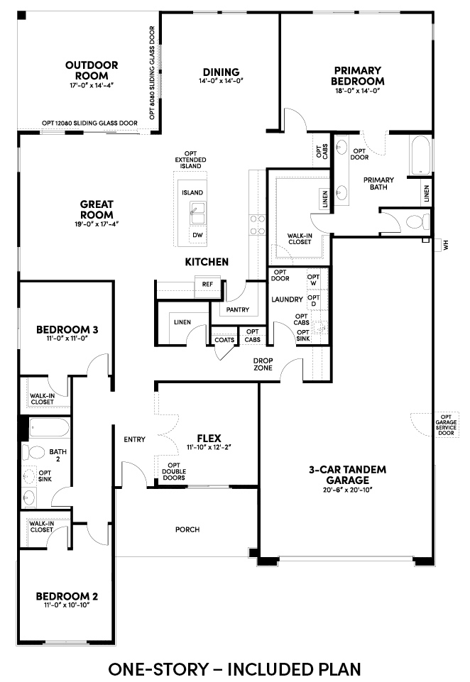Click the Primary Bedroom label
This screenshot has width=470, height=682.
point(357,76)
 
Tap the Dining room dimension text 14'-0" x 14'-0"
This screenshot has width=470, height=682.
point(221,81)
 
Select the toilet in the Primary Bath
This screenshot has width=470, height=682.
point(417,222)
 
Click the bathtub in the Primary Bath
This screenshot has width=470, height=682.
point(420,155)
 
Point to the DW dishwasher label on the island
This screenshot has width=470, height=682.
point(197,236)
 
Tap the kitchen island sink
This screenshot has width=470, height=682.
point(197,215)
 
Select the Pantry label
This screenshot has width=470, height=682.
point(238,309)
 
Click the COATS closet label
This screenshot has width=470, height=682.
point(224,340)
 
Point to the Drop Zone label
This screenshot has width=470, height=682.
point(263,364)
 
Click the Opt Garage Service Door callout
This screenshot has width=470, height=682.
point(446,424)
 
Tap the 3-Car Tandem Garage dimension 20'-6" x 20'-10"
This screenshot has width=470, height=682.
point(348,490)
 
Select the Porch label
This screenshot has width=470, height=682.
point(187,529)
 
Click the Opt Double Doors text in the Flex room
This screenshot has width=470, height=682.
point(174,471)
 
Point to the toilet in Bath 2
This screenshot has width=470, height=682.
point(34,452)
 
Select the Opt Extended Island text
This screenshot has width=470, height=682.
point(190,160)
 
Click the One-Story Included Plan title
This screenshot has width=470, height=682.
point(234,669)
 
